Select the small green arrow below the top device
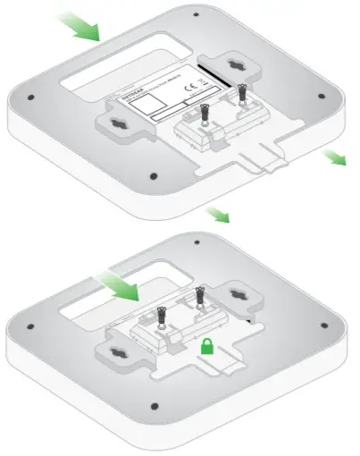point(216,215)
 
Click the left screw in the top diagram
point(205,114)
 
